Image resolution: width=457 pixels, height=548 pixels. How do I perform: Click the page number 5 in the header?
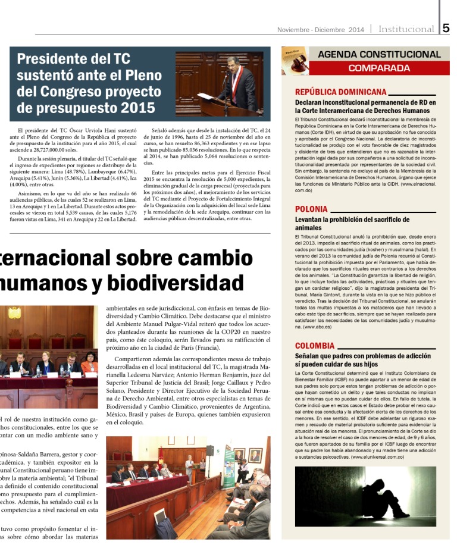tap(446, 29)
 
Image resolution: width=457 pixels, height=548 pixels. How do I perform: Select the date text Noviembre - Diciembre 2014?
tap(321, 30)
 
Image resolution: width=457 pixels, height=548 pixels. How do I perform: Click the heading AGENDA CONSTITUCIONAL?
tap(379, 54)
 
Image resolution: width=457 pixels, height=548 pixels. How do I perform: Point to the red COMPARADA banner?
tap(378, 68)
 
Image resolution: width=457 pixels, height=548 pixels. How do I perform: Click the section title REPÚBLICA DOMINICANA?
tap(341, 92)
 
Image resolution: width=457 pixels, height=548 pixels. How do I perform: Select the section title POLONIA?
tap(311, 209)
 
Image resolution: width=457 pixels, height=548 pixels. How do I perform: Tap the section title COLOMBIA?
tap(315, 345)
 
